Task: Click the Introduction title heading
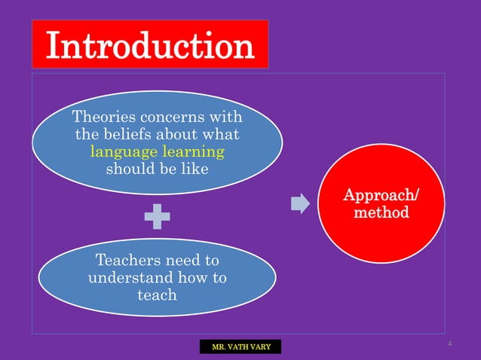tap(150, 45)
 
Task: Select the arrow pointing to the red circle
tap(300, 204)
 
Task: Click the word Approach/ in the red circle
tap(382, 196)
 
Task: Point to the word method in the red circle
tap(381, 213)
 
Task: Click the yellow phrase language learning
tap(157, 151)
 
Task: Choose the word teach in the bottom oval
tap(157, 294)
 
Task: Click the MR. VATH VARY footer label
tap(240, 347)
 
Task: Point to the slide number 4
tap(449, 344)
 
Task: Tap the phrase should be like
tap(157, 168)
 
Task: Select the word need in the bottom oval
tap(180, 261)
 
